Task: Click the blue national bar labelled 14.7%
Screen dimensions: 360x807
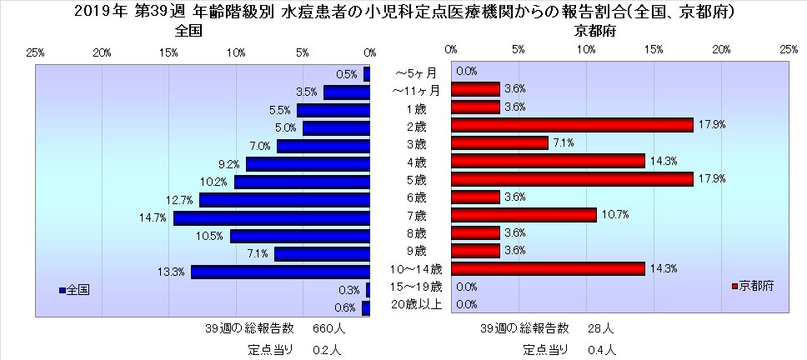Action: click(272, 218)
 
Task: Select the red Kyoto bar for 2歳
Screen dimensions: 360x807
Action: click(572, 125)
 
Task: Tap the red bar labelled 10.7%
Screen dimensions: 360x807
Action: click(524, 215)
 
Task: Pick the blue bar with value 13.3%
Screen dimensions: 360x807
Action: click(280, 272)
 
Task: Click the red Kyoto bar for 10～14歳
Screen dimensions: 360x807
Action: click(548, 268)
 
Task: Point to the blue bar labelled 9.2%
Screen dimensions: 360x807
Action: click(308, 164)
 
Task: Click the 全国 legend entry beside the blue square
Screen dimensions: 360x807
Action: click(78, 290)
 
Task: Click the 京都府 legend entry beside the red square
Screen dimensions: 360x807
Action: click(757, 286)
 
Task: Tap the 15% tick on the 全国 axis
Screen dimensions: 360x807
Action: click(168, 52)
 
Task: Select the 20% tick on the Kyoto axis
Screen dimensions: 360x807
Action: click(721, 49)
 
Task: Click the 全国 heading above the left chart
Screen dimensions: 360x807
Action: click(189, 31)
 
